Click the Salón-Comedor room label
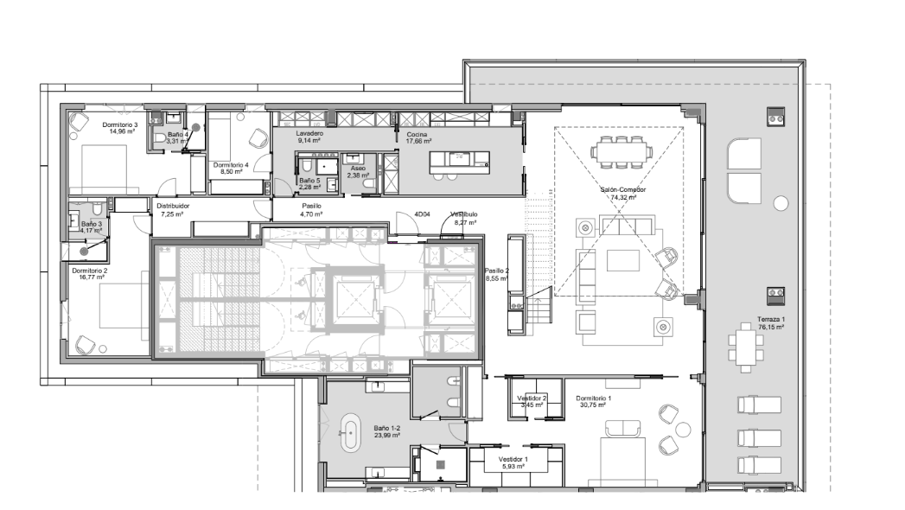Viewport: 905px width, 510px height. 622,189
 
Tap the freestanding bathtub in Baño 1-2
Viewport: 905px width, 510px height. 350,433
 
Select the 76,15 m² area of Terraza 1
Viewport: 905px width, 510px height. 771,327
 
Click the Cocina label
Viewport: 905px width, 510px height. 417,134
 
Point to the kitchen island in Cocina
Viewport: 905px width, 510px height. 460,163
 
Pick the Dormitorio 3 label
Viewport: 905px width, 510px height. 120,124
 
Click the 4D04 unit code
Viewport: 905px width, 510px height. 422,214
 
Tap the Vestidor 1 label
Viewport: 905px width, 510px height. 513,459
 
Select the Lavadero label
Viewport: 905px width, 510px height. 309,133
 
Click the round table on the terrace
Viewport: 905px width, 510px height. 781,203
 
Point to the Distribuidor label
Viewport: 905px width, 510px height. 173,206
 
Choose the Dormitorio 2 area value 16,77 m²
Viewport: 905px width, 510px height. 92,277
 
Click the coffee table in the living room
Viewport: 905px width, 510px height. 622,259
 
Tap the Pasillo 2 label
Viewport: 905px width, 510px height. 496,271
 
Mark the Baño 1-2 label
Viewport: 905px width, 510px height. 386,428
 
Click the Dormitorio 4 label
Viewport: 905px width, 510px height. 231,165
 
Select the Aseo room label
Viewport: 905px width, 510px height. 358,169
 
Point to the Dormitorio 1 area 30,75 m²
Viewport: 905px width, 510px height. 593,405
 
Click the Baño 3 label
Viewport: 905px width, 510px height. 92,224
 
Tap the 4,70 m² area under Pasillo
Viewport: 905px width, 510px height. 311,214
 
